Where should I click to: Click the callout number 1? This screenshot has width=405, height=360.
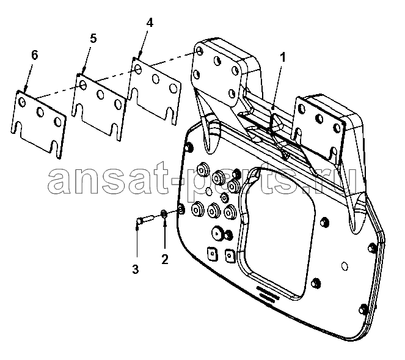tap(283, 57)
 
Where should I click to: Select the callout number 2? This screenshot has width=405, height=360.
tap(164, 259)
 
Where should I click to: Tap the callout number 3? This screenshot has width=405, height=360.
tap(136, 269)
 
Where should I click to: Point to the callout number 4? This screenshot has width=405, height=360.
tap(150, 23)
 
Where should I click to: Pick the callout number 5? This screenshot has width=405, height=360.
tap(93, 39)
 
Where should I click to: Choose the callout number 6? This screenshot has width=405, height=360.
tap(34, 55)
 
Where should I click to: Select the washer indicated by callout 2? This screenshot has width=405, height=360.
tap(164, 214)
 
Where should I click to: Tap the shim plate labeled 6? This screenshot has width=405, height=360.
tap(38, 124)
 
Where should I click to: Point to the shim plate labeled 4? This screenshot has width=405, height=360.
tap(156, 90)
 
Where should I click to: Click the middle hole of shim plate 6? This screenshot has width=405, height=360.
tap(40, 111)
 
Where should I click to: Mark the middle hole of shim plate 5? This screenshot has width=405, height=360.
tap(100, 95)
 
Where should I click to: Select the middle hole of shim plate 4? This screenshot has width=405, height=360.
tap(156, 79)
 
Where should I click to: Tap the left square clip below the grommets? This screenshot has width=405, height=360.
tap(213, 254)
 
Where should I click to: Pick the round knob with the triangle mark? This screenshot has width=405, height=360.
tap(217, 233)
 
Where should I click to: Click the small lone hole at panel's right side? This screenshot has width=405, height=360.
tap(345, 266)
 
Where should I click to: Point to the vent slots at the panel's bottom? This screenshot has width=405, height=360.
tap(268, 293)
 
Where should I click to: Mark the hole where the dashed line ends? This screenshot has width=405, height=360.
tap(199, 50)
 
